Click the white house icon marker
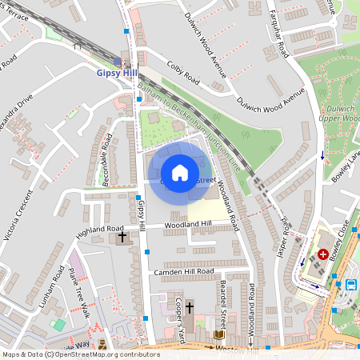[x=180, y=173]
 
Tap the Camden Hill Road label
[x=185, y=272]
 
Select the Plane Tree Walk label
[x=78, y=292]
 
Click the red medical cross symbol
[x=323, y=254]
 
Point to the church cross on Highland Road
[x=122, y=237]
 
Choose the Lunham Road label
[x=57, y=292]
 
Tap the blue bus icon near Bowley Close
[x=350, y=284]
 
